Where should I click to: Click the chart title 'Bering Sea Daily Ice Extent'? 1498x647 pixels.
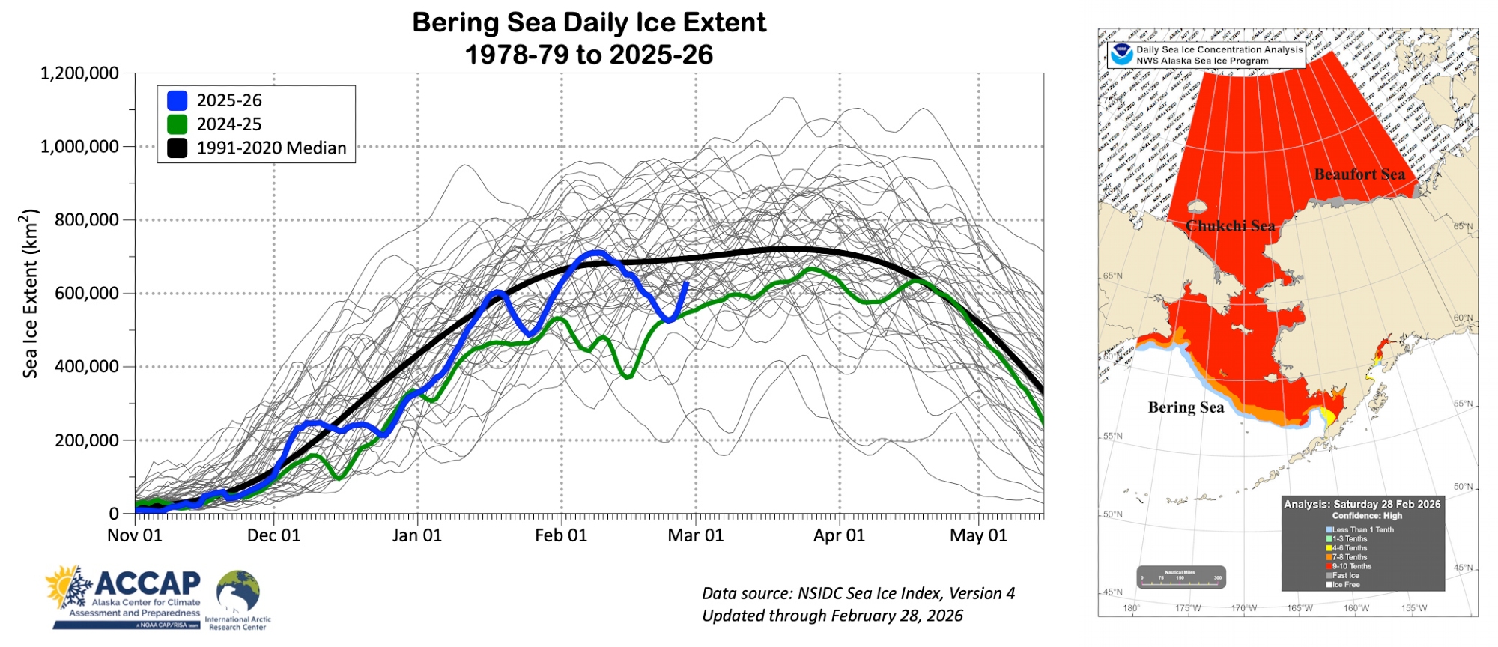589,22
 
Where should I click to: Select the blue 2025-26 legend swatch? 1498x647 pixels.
178,100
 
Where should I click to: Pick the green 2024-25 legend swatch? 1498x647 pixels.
178,124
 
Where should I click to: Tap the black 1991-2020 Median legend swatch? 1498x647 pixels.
178,148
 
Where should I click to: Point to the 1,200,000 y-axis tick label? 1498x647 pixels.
79,73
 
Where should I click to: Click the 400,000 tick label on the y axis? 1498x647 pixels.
86,367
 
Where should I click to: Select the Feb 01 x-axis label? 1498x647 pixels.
561,535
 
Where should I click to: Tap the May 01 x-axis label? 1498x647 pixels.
978,535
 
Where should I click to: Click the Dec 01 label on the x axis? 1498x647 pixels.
273,535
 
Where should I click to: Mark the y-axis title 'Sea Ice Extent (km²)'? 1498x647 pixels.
29,294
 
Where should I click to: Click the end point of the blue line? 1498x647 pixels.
686,283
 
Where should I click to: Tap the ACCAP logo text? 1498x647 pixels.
148,583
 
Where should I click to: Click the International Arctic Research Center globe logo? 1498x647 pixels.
238,592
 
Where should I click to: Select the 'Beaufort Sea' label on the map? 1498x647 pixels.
1359,174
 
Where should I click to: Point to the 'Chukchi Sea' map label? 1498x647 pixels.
1230,225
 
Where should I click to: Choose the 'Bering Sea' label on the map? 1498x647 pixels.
1186,407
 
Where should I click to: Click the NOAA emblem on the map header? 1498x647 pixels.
1121,54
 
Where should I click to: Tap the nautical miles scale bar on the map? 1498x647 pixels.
1180,577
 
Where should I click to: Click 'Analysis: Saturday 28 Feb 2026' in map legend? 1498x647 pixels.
1362,504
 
